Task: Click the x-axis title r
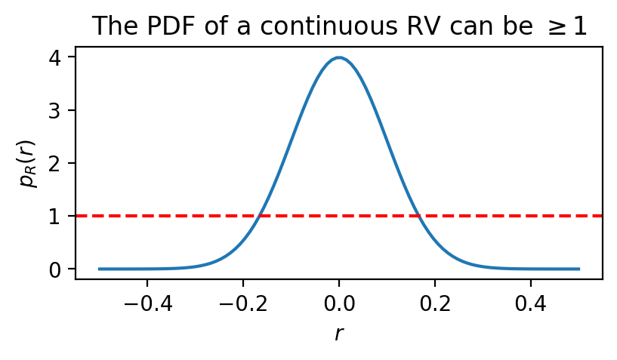[x=339, y=333]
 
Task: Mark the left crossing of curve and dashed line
[x=259, y=216]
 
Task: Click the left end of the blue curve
[x=99, y=269]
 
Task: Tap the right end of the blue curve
[x=578, y=269]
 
